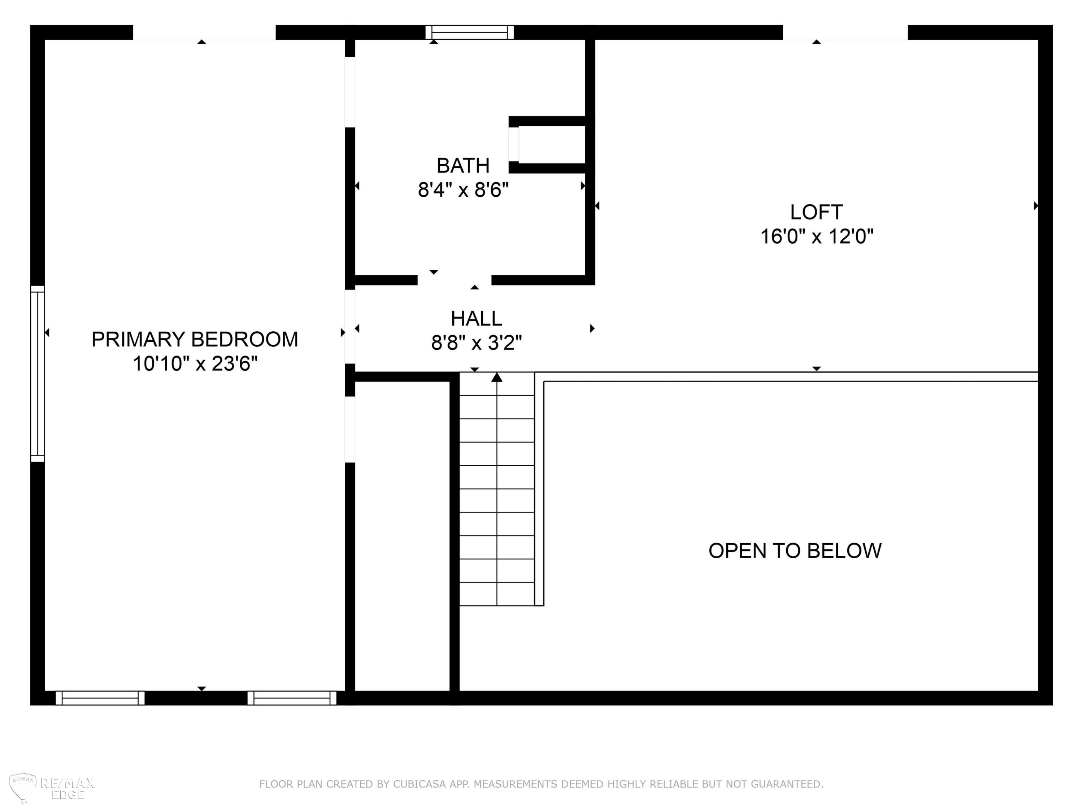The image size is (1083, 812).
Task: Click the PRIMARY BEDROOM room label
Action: [x=195, y=339]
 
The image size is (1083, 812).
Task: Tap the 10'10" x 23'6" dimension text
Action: [x=195, y=364]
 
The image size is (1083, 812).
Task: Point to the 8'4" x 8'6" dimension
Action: [x=463, y=189]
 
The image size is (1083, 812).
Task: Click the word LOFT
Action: [x=817, y=212]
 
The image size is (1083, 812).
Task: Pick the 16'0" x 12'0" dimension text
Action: [x=817, y=236]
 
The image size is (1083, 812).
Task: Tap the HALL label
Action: [x=477, y=319]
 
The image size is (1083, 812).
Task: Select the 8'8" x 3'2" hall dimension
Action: [x=477, y=342]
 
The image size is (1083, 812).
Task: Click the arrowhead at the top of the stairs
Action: [x=497, y=377]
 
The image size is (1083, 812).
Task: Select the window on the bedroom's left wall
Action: [x=38, y=374]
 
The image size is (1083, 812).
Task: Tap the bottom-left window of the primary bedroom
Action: [x=100, y=698]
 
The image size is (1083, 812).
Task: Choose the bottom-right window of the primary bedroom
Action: [x=292, y=698]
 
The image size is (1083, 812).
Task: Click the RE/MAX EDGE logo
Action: [x=51, y=787]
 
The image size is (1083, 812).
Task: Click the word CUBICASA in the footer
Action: [x=419, y=784]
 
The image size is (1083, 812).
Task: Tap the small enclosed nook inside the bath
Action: [x=552, y=144]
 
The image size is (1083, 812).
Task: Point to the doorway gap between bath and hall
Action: [x=454, y=280]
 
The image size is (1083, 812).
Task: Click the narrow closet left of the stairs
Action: [x=402, y=536]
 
